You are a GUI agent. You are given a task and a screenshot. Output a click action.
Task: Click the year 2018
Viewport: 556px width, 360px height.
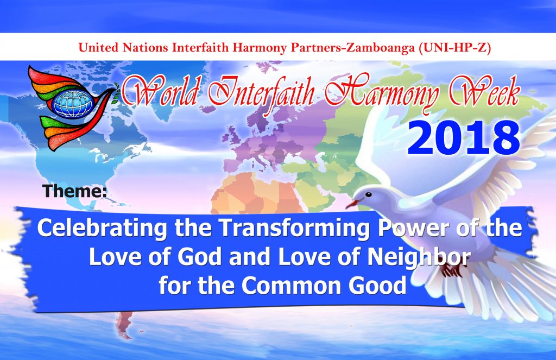click(x=464, y=138)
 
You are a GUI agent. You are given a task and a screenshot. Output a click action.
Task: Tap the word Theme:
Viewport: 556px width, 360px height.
click(x=75, y=191)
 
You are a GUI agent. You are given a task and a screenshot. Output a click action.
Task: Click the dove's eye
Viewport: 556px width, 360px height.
click(x=369, y=194)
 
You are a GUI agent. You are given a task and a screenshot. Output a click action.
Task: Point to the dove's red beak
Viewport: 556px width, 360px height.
click(x=352, y=204)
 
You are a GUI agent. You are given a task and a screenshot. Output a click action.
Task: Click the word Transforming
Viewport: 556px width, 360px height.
click(x=294, y=229)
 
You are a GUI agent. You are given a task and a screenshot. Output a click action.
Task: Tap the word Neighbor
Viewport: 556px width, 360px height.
click(x=419, y=257)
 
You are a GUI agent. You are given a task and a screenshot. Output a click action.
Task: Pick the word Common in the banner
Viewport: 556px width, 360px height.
click(x=293, y=285)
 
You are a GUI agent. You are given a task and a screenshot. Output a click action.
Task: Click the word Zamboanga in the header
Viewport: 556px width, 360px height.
click(x=381, y=48)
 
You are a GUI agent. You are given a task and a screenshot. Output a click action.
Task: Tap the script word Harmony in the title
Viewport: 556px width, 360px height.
click(x=382, y=93)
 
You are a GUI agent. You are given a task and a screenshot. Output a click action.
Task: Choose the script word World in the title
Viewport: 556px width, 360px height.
click(x=160, y=92)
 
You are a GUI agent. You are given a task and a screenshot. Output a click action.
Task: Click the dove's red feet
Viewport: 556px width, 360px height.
click(x=451, y=270)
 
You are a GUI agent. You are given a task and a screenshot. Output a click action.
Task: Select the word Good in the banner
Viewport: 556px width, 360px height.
click(x=377, y=285)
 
